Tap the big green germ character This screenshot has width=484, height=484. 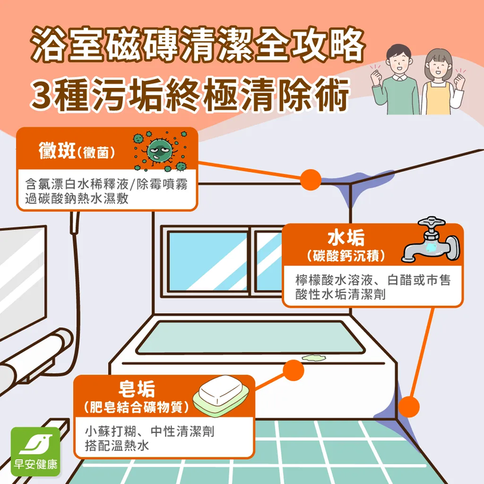coord(159,151)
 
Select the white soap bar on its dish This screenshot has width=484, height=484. coord(222,390)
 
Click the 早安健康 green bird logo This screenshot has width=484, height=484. coord(36,452)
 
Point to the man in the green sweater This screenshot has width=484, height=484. coord(396,81)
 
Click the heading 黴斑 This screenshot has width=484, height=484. coord(57,151)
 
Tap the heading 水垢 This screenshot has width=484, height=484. coord(346,238)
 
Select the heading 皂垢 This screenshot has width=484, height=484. coord(137,389)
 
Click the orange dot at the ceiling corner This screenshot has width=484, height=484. coord(311,180)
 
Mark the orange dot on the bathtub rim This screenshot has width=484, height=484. coord(293,370)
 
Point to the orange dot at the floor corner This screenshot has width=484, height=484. coord(409,407)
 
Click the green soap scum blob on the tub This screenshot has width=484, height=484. coord(314,357)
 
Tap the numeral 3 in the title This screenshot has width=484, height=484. coord(41,95)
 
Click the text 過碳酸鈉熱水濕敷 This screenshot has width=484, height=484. coord(77,199)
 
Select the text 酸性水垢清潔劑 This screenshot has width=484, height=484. coord(341,294)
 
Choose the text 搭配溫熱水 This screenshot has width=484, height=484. coord(117,445)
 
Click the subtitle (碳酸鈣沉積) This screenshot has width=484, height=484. coord(346,256)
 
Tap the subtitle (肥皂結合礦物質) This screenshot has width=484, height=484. coord(136,407)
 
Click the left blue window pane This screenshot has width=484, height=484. coord(208,262)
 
